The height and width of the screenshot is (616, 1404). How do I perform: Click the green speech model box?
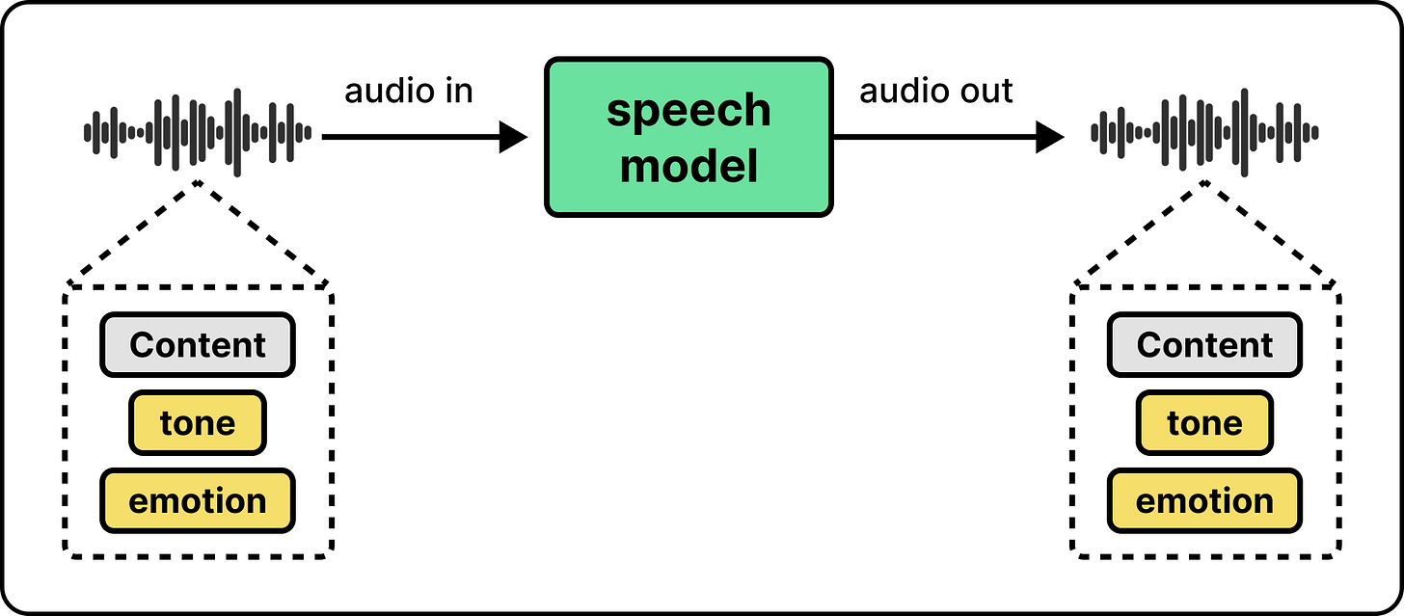(x=688, y=137)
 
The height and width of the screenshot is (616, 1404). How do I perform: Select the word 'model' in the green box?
(x=688, y=166)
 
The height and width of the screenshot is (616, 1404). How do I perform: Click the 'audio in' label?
(x=409, y=92)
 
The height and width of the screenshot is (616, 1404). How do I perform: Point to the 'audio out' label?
(x=935, y=92)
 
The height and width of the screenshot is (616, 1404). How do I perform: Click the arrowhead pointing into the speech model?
(x=513, y=137)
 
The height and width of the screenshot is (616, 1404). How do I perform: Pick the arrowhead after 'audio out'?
(x=1050, y=137)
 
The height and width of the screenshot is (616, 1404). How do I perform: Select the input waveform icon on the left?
(x=198, y=133)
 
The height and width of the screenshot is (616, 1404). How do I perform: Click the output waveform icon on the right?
(x=1204, y=133)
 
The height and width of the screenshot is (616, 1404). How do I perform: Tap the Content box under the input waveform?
(x=198, y=345)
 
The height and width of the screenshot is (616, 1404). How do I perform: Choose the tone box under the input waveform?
(x=198, y=423)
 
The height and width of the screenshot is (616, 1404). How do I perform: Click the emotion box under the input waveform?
(x=198, y=500)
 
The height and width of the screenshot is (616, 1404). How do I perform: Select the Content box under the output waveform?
(x=1204, y=345)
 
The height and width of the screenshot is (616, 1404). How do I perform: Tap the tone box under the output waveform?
(x=1204, y=423)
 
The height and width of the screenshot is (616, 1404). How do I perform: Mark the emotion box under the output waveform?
(x=1204, y=500)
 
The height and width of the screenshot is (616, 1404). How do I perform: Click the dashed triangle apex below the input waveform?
(x=198, y=183)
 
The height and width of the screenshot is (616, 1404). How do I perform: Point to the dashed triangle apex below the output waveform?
(x=1204, y=183)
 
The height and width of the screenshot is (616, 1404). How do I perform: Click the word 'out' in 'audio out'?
(x=986, y=92)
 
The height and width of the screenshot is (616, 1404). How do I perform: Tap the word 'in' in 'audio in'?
(x=458, y=92)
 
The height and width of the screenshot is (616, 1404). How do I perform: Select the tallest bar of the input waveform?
(x=237, y=133)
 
